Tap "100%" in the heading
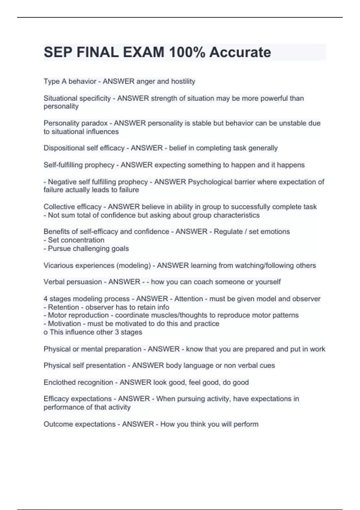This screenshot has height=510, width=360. point(187,52)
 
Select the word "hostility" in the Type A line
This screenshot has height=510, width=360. point(183,81)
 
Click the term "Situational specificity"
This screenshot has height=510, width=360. point(77,98)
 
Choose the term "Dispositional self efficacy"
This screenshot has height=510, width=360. point(84,148)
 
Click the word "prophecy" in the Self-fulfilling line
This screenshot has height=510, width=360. point(99,165)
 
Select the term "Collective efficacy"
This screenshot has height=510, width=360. point(73,207)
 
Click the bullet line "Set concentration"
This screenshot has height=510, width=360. point(76,240)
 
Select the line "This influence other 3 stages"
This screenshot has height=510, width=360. point(96,332)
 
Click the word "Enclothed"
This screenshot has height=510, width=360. point(59,382)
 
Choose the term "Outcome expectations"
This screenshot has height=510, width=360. point(79,424)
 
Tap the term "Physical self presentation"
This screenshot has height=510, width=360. point(85,365)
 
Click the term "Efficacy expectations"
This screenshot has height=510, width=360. point(77,399)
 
